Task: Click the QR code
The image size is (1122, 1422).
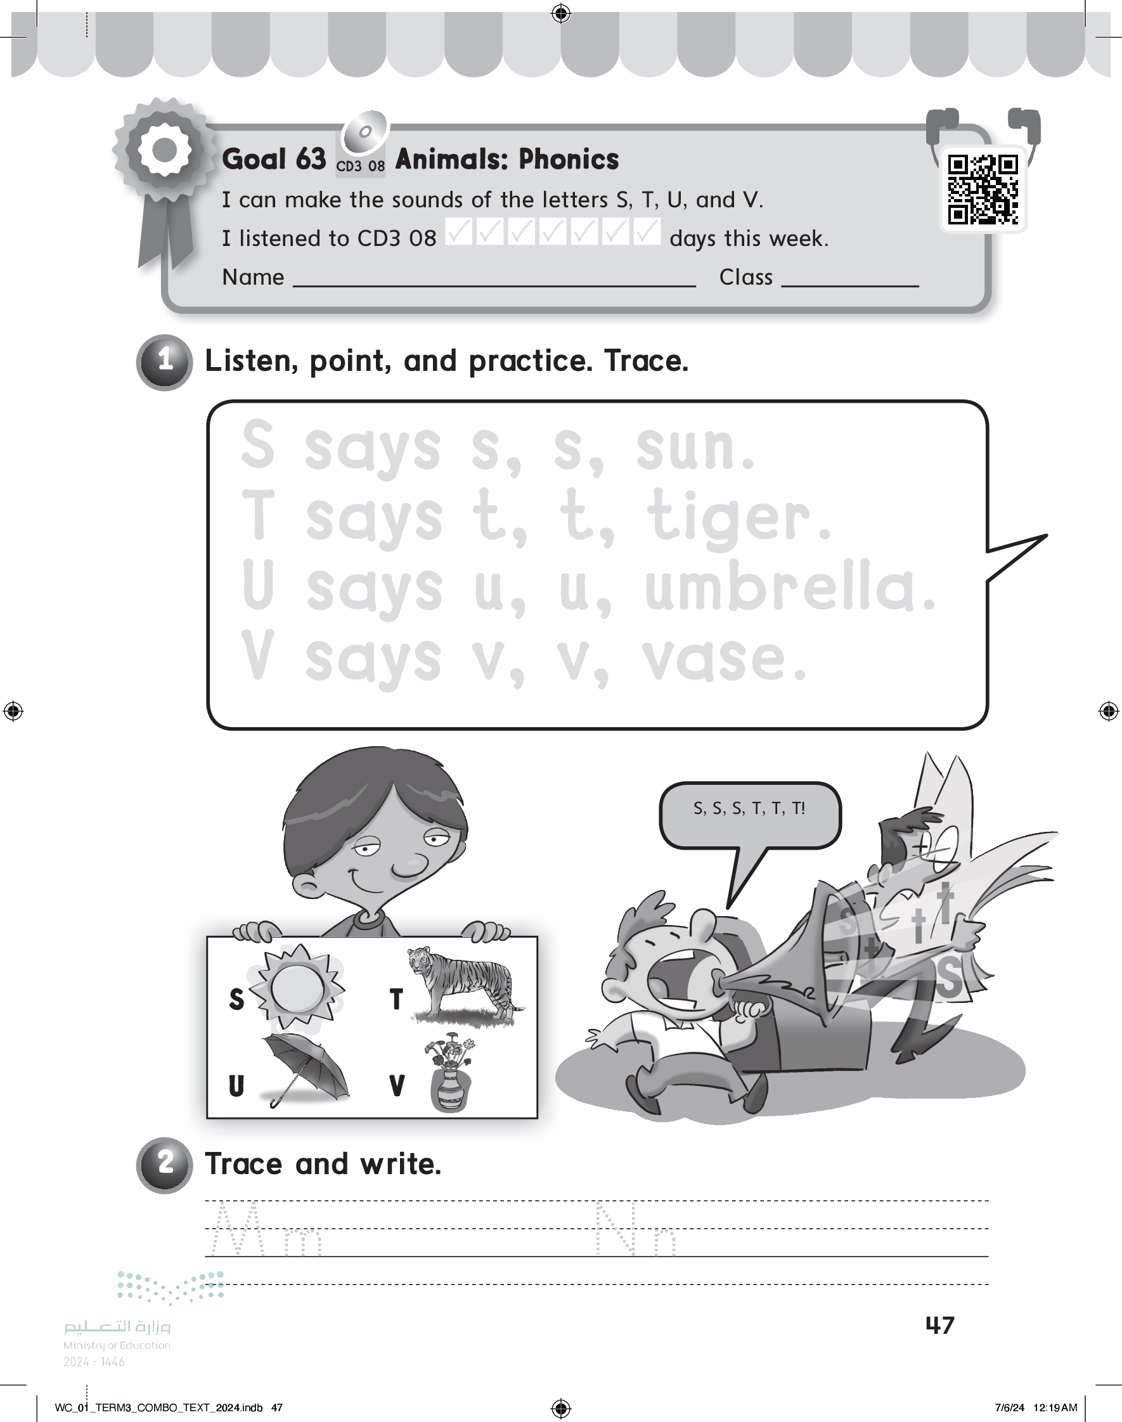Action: click(983, 190)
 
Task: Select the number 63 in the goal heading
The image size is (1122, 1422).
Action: click(310, 159)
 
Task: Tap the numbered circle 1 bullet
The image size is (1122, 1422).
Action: click(164, 362)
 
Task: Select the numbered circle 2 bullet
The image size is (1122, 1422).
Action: click(164, 1165)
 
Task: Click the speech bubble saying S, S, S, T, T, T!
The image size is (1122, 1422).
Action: click(749, 815)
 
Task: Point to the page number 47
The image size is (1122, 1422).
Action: click(939, 1326)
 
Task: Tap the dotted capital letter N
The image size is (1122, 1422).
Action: click(616, 1228)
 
